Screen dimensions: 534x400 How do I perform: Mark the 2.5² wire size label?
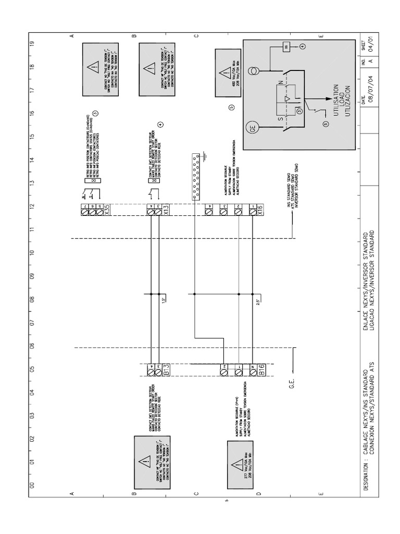click(259, 301)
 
